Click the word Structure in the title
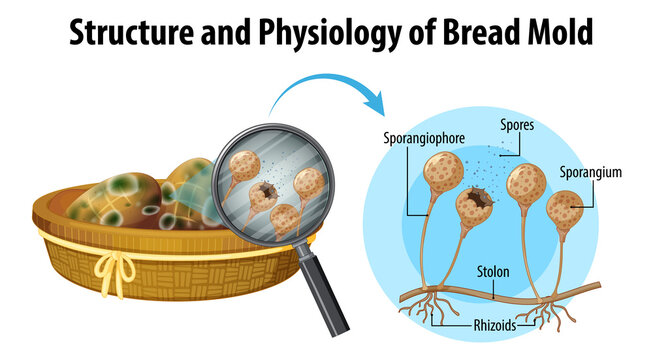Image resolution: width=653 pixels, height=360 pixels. (x=132, y=32)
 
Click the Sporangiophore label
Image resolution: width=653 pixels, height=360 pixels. (x=424, y=138)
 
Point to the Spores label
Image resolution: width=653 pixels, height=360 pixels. (x=517, y=125)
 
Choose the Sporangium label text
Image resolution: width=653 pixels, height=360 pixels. (x=591, y=172)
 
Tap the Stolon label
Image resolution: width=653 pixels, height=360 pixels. (x=493, y=272)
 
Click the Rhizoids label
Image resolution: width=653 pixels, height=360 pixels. (x=495, y=325)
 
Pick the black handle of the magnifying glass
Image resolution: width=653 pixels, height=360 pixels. (x=323, y=290)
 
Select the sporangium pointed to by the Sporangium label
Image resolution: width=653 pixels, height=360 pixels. (x=564, y=210)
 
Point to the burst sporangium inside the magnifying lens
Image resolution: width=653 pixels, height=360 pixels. (x=264, y=197)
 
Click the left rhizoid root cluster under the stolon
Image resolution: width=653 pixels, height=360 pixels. (x=429, y=306)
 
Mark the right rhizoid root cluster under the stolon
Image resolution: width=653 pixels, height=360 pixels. (x=545, y=312)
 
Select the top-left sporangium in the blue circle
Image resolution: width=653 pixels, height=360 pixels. (x=443, y=172)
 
